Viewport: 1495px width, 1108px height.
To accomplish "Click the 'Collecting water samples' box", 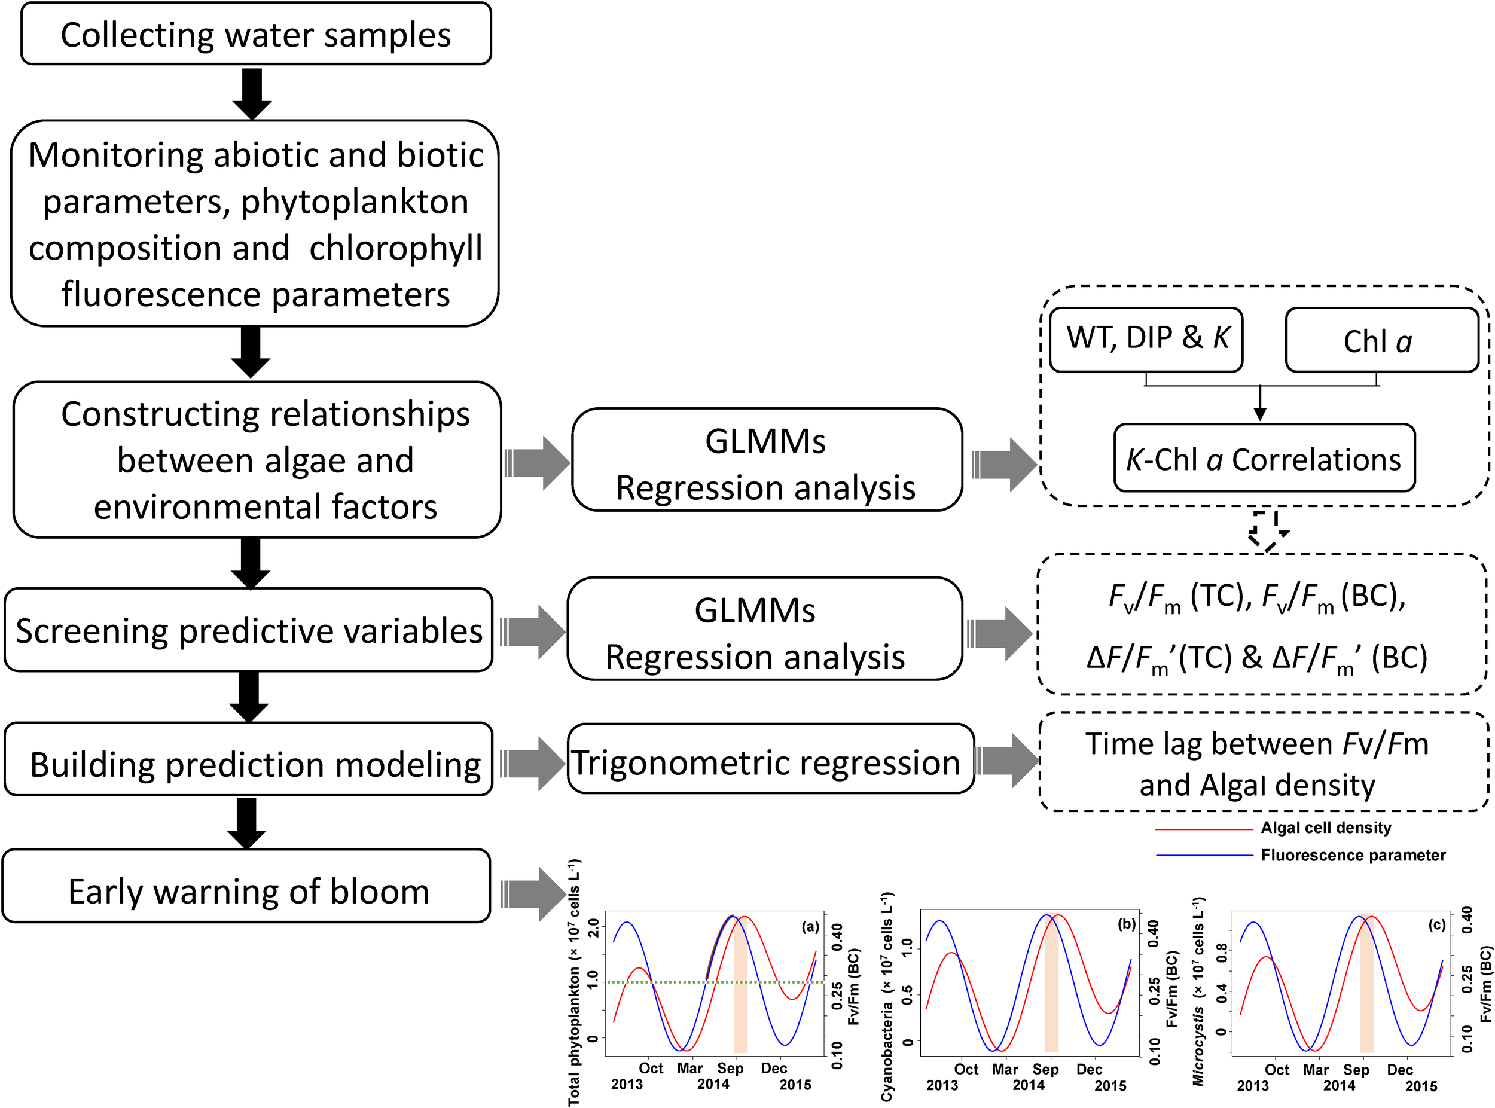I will [255, 34].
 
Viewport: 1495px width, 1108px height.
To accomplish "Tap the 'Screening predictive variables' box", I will [249, 630].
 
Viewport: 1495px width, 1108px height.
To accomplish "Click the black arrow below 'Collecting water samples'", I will [252, 93].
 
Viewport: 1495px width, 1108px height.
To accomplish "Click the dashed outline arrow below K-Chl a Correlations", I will [1267, 530].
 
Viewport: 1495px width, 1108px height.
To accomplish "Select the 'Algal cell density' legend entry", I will [1325, 828].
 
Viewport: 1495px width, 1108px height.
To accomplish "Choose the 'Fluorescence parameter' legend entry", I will [1351, 855].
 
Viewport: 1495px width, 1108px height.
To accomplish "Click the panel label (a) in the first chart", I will [810, 927].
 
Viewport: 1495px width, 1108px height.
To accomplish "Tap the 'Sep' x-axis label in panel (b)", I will [1045, 1069].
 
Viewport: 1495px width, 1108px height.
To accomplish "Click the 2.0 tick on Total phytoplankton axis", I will [593, 928].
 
